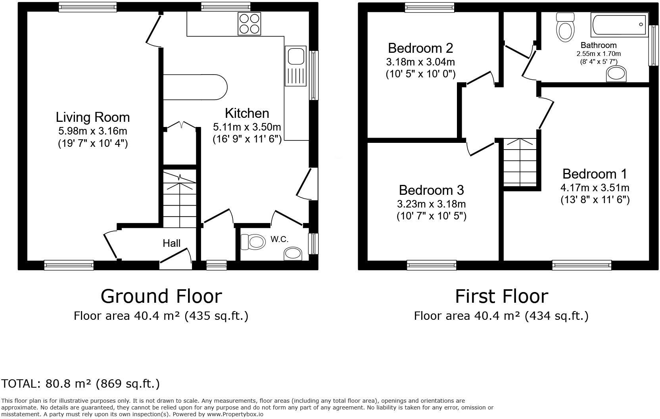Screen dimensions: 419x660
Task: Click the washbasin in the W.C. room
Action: (293, 254)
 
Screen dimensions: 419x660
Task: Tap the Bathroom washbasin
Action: (617, 74)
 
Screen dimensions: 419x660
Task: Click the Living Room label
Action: (92, 117)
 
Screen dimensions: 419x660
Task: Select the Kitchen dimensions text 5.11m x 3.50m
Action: (247, 127)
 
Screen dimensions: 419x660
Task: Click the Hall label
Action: (171, 243)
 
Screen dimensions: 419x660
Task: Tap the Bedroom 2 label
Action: (420, 48)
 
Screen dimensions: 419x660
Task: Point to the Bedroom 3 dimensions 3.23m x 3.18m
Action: (431, 204)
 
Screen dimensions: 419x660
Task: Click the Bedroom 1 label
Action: (595, 174)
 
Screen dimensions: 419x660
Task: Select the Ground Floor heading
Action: (161, 296)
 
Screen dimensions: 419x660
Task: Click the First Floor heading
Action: (501, 296)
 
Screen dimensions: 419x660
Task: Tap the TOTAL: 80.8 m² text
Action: (81, 384)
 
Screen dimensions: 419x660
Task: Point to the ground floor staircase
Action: (180, 198)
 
